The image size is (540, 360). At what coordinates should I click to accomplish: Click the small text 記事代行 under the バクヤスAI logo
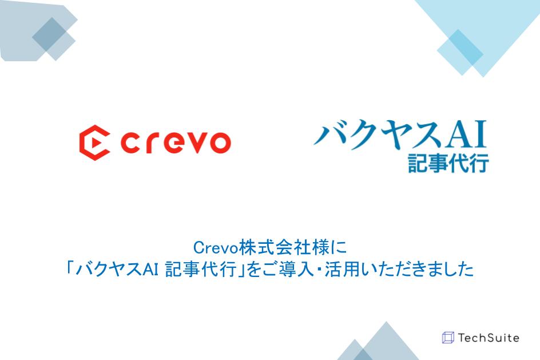pos(448,163)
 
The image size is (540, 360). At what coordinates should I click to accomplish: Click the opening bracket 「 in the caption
pos(70,268)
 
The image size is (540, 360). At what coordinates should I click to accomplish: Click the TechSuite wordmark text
pos(489,338)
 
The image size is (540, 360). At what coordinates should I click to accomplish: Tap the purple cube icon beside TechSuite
pos(448,338)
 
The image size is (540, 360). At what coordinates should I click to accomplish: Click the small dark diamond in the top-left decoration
pos(49,34)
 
